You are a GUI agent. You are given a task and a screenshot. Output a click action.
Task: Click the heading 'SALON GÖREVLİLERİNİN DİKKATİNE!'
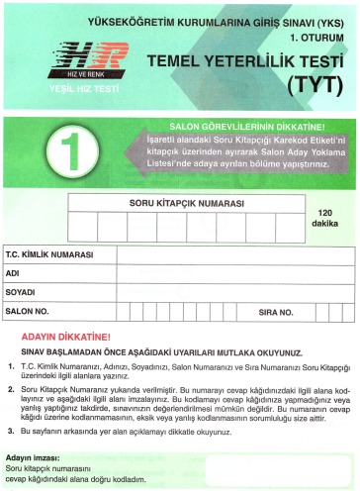tap(246, 127)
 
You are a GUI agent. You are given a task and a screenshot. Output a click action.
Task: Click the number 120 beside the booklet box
tap(324, 213)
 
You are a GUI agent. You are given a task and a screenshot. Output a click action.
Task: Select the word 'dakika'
tap(324, 225)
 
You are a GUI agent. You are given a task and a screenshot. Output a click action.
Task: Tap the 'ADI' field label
tap(14, 273)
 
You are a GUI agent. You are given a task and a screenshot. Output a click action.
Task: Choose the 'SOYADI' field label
tap(21, 292)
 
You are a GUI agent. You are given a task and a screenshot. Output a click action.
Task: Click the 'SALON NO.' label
tap(27, 311)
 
